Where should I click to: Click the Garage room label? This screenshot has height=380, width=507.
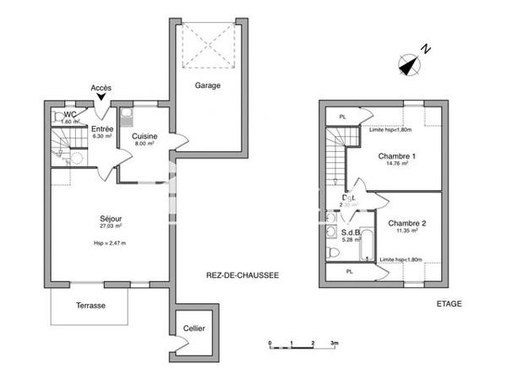(x=208, y=85)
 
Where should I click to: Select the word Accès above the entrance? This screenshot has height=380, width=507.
(x=101, y=88)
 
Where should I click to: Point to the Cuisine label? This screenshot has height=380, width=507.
(x=142, y=135)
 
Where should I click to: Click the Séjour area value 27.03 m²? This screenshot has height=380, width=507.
(x=111, y=226)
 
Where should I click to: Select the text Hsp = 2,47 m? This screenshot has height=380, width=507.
(x=111, y=243)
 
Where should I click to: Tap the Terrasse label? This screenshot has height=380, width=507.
(x=90, y=306)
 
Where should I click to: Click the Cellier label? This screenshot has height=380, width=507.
(x=194, y=329)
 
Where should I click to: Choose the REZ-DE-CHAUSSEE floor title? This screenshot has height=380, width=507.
(x=243, y=276)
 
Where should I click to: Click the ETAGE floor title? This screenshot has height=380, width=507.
(x=449, y=304)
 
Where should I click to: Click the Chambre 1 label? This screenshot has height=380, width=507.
(x=396, y=156)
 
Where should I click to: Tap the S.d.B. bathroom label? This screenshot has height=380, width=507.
(x=352, y=232)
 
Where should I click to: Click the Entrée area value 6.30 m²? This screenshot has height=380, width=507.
(x=102, y=136)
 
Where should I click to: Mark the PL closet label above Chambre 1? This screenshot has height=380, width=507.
(x=342, y=117)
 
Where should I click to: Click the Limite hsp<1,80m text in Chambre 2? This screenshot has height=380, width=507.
(x=401, y=259)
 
